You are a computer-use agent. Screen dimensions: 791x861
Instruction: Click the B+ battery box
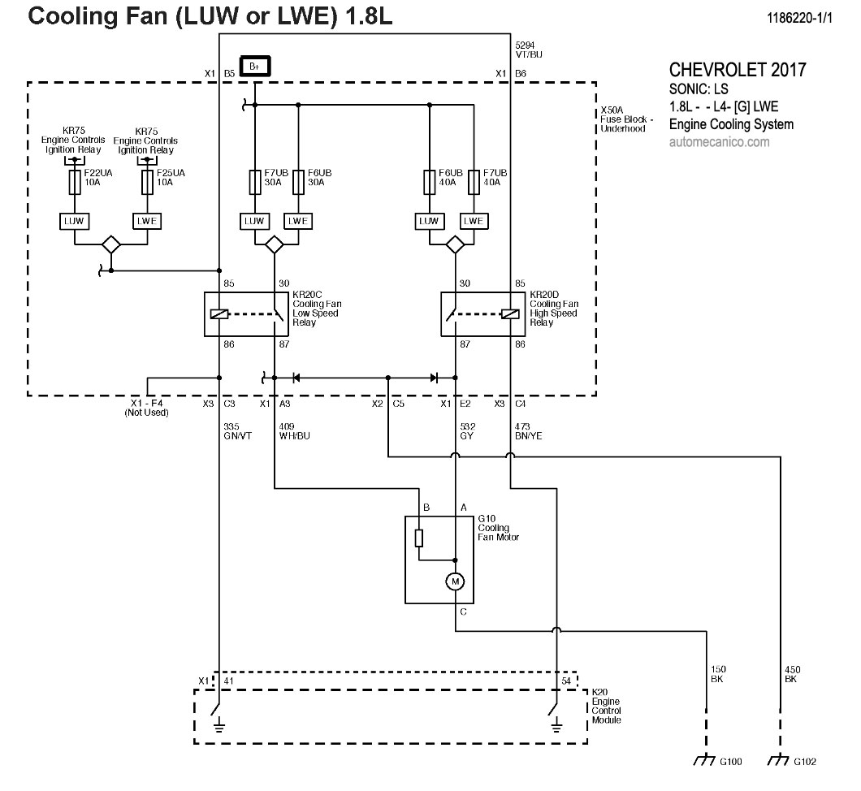[255, 65]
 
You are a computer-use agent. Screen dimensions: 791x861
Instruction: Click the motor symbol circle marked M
[455, 581]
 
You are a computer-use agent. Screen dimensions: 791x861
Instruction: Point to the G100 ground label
[730, 761]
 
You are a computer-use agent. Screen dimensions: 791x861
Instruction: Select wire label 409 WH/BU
[293, 430]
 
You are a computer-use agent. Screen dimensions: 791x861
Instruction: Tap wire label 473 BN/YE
[529, 430]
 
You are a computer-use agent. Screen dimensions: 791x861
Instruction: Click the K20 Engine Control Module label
[607, 705]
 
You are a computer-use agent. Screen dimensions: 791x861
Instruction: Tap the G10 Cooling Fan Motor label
[497, 527]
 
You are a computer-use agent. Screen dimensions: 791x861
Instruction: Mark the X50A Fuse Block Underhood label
[623, 120]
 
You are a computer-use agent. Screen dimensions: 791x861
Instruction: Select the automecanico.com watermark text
[719, 142]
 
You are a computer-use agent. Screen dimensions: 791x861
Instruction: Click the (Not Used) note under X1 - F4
[146, 413]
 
